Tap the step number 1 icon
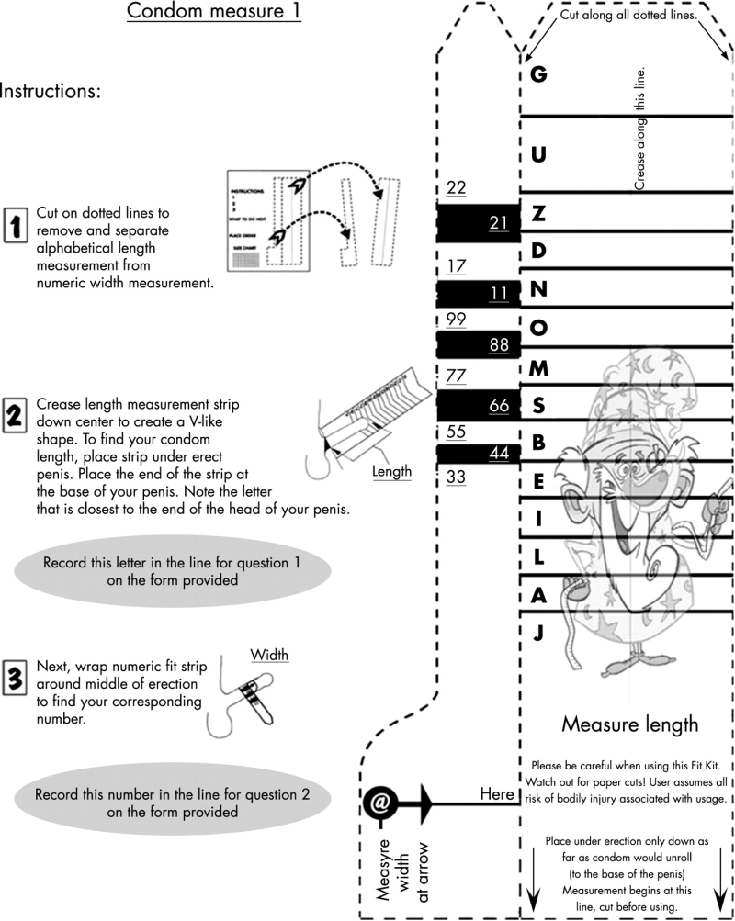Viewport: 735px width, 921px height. click(x=16, y=222)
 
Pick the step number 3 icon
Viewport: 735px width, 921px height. click(x=16, y=678)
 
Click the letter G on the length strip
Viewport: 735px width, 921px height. click(x=539, y=74)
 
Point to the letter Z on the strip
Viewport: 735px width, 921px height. click(x=539, y=214)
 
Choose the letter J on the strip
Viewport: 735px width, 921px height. click(x=539, y=632)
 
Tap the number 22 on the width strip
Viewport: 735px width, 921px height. click(x=457, y=188)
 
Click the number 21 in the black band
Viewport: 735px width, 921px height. click(x=499, y=222)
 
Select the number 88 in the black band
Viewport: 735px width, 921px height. click(x=499, y=344)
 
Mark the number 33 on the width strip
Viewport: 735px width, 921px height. click(x=457, y=476)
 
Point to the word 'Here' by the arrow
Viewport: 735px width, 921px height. click(x=497, y=793)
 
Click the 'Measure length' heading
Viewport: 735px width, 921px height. click(x=629, y=724)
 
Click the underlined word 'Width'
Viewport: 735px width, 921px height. click(x=270, y=655)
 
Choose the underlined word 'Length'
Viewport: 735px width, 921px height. click(x=391, y=471)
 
